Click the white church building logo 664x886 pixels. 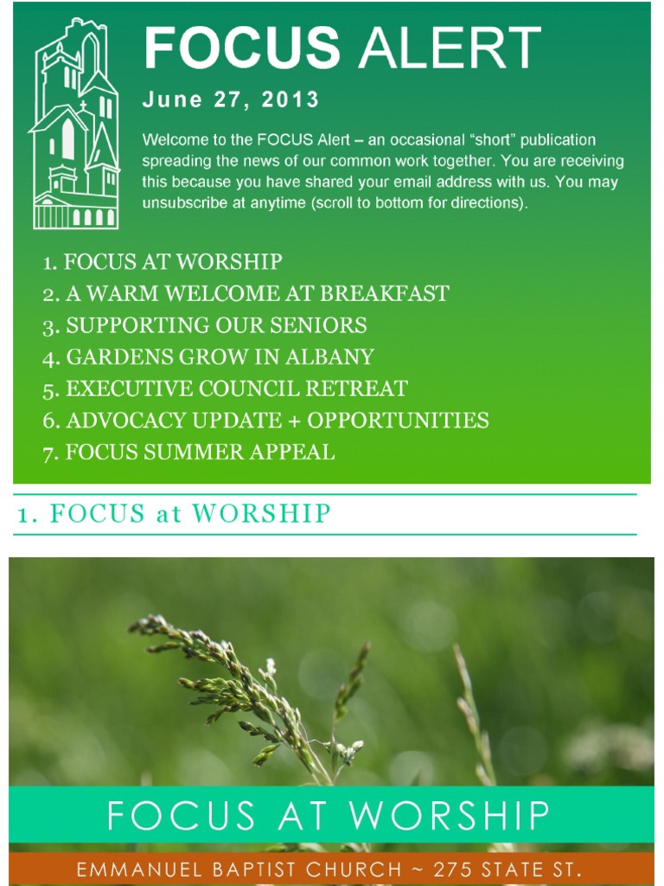(76, 124)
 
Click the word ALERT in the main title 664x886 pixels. (450, 48)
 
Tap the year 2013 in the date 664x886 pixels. (290, 100)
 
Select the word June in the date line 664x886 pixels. (172, 100)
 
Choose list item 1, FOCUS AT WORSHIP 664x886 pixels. (163, 261)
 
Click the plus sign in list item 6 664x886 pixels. (294, 421)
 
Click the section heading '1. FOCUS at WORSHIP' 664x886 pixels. (174, 514)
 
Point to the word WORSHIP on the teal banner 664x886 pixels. (450, 815)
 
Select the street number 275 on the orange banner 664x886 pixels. (454, 869)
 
